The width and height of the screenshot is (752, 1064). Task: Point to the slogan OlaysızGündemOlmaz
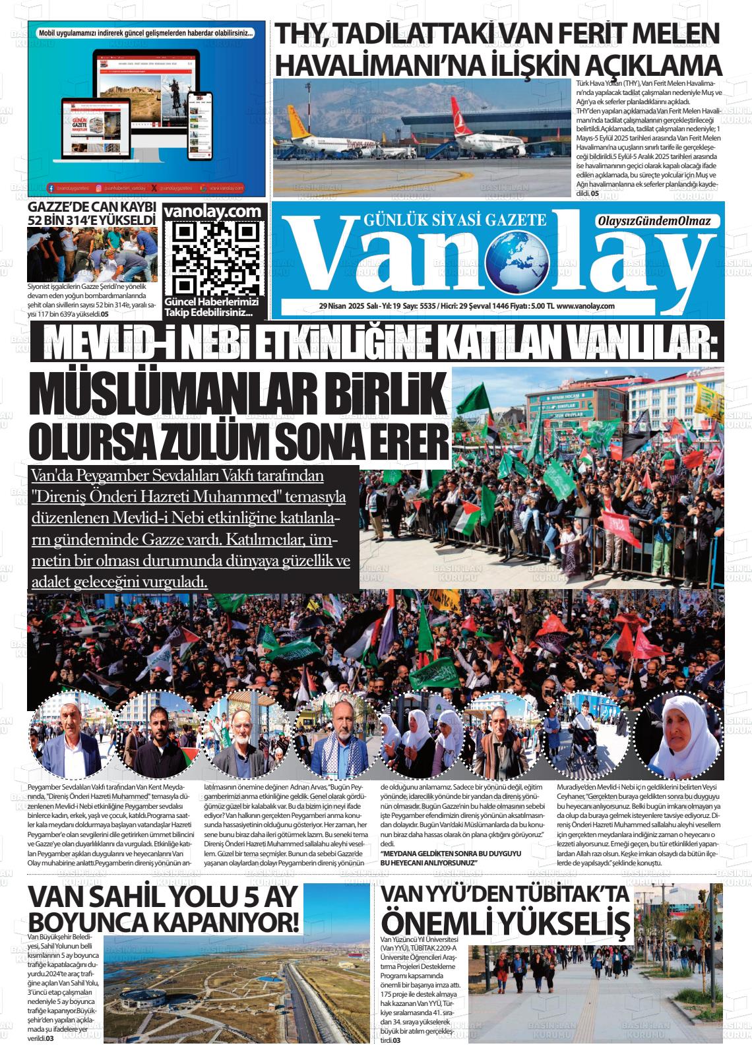(654, 222)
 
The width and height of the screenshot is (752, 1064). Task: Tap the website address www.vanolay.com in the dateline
(586, 306)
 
